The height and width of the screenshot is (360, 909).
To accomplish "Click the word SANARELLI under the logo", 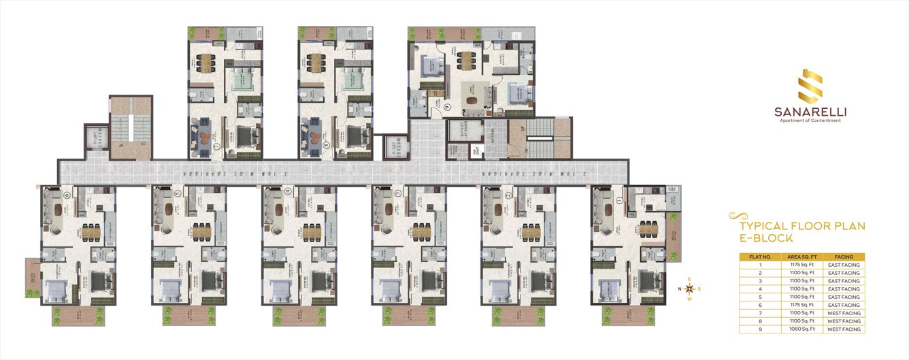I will coord(809,112).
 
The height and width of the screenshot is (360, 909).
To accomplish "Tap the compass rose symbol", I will coord(689,289).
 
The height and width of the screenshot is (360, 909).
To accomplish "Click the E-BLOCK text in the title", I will coord(765,239).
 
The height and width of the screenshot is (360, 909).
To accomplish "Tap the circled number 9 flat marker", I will coord(447,107).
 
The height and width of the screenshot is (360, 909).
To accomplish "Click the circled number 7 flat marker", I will coord(216,146).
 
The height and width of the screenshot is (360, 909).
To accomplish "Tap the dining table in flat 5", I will coord(201,229).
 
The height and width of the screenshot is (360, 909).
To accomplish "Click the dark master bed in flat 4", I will coord(318,280).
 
